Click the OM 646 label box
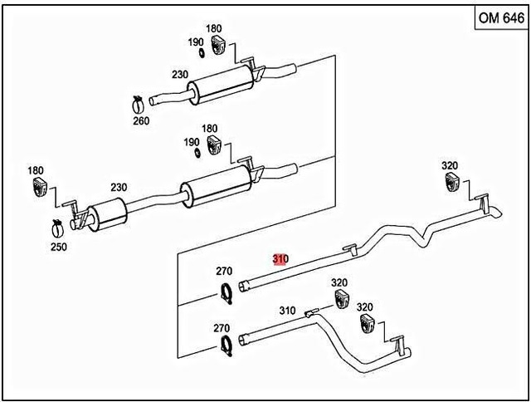pos(501,18)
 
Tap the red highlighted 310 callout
pos(280,259)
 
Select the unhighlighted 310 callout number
pos(287,311)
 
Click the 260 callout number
pos(141,121)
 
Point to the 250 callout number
pos(57,248)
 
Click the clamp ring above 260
pos(139,104)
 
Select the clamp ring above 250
pos(57,227)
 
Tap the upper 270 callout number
pos(224,271)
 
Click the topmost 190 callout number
pos(195,42)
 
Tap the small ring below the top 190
pos(201,55)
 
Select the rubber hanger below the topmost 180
pos(220,46)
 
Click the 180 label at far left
pos(36,171)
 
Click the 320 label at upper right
pos(451,164)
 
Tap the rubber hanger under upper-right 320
pos(451,182)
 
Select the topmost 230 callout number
pos(180,75)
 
